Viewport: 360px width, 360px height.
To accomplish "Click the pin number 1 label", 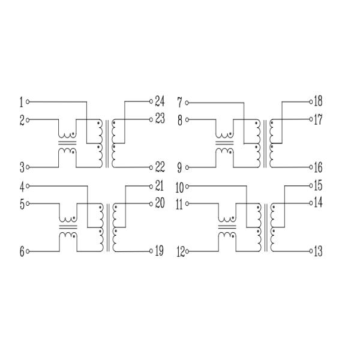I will click(21, 102).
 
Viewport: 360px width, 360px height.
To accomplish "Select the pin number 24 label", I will click(160, 101).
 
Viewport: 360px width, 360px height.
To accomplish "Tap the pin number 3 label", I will click(21, 167).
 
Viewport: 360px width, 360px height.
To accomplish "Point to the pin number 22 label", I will click(160, 167).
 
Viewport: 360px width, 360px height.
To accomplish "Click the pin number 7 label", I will click(179, 103).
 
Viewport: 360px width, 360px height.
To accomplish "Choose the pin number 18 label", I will click(318, 101).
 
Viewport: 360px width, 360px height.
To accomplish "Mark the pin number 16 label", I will click(318, 167).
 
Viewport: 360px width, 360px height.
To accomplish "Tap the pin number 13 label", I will click(318, 251).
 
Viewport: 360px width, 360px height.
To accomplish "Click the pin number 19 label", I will click(160, 251).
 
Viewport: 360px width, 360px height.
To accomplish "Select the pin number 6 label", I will click(21, 252).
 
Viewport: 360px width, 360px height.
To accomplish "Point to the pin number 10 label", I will click(179, 187).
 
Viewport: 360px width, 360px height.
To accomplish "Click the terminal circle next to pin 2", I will click(28, 120).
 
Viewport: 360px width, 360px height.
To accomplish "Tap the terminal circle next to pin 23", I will click(151, 119).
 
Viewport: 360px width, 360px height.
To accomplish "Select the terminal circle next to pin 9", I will click(187, 167).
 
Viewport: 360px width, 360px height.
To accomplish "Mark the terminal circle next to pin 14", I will click(310, 203).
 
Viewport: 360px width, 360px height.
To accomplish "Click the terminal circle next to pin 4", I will click(28, 186).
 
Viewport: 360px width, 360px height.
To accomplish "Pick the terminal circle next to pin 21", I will click(151, 185).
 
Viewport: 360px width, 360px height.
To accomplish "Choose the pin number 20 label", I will click(160, 203).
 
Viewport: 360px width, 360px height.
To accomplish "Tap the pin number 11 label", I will click(179, 205).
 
